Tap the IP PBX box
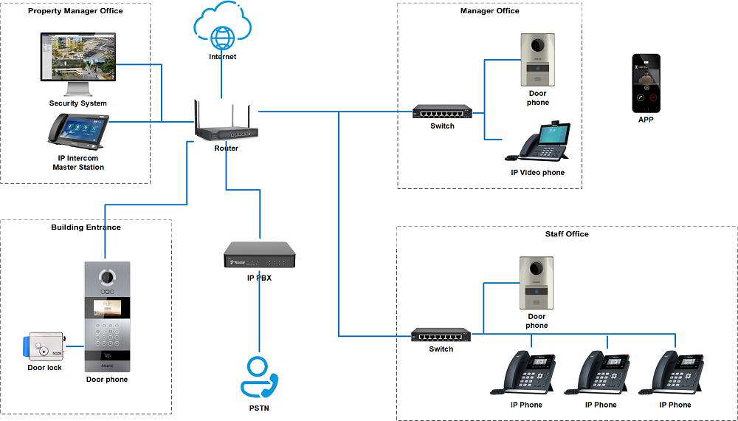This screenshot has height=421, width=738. [x=260, y=256]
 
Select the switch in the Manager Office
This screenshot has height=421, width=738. [x=442, y=112]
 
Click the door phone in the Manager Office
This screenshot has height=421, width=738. [x=537, y=60]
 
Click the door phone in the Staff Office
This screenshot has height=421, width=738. [x=537, y=283]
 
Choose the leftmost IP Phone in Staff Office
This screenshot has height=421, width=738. [x=526, y=375]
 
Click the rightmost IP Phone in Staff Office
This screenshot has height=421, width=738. [x=675, y=375]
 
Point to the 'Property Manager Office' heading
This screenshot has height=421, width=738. [x=75, y=11]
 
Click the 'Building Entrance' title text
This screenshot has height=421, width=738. [x=86, y=227]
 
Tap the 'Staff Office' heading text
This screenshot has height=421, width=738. [x=566, y=234]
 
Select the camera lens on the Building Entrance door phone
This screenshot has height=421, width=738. [x=107, y=278]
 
